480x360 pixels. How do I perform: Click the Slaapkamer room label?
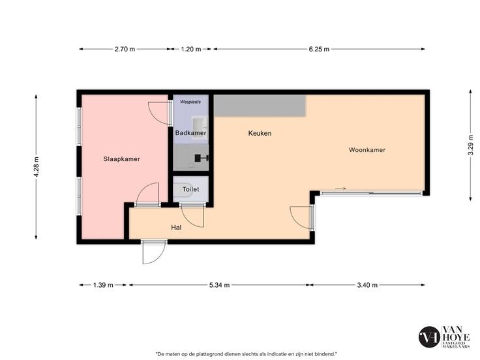[x=121, y=159]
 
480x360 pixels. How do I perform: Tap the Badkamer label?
[x=190, y=133]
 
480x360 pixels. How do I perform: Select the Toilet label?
[x=190, y=189]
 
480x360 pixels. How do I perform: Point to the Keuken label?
[x=260, y=133]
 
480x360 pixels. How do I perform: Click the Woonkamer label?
[x=367, y=150]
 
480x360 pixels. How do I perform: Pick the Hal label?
[x=176, y=228]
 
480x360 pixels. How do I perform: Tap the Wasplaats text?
[x=190, y=102]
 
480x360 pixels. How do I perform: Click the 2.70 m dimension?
[x=125, y=49]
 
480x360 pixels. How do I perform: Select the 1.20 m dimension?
[x=191, y=49]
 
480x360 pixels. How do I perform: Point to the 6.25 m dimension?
[x=319, y=49]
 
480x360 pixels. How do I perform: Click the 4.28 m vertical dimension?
[x=36, y=167]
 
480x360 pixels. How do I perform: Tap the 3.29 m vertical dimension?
[x=470, y=145]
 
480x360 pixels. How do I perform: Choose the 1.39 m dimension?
[x=103, y=285]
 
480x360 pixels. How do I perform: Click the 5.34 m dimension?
[x=220, y=285]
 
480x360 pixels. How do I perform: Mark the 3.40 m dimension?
[x=367, y=285]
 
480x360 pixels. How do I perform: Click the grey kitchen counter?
[x=260, y=106]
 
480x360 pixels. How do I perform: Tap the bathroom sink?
[x=200, y=128]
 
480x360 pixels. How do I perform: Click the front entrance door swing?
[x=154, y=252]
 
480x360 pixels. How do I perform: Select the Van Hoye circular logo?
[x=429, y=337]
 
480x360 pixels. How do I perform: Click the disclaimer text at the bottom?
[x=247, y=353]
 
